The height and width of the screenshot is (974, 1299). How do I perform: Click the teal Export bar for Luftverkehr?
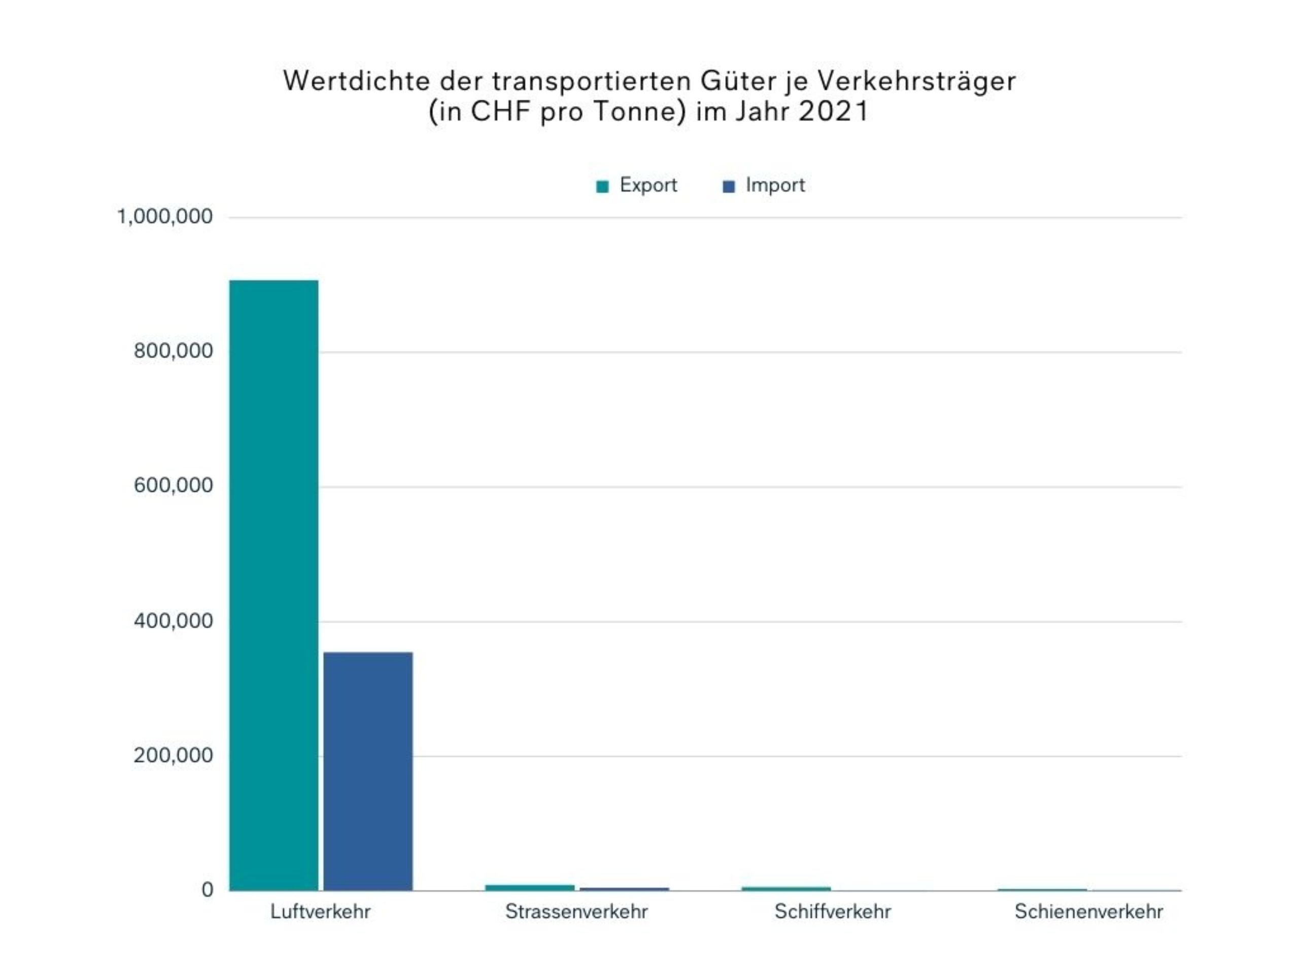[x=274, y=585]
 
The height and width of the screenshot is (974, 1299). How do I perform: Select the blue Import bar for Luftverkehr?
[x=368, y=771]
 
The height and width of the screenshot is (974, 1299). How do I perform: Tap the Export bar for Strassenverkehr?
[x=530, y=887]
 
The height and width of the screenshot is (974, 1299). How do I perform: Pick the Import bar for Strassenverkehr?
[x=624, y=889]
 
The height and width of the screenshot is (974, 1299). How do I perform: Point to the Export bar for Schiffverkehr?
[x=785, y=888]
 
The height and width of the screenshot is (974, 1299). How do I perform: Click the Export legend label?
[x=648, y=185]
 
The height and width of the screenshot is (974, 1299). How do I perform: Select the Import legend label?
[x=775, y=185]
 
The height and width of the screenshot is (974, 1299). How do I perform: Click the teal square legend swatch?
[x=602, y=187]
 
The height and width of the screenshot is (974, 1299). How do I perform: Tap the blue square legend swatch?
[x=729, y=187]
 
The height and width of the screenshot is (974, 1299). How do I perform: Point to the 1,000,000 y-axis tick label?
[x=165, y=217]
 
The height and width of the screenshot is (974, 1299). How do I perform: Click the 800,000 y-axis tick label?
[x=173, y=351]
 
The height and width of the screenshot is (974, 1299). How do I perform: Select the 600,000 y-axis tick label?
[x=173, y=485]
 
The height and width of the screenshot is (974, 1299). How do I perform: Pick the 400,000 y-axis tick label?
[x=173, y=620]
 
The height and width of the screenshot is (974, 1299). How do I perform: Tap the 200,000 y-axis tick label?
[x=173, y=755]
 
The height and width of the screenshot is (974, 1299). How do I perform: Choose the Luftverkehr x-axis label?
[x=321, y=912]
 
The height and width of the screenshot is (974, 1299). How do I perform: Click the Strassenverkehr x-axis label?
[x=576, y=912]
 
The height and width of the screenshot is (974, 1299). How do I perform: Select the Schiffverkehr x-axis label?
[x=833, y=912]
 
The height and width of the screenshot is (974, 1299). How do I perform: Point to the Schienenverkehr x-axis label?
[x=1089, y=912]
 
